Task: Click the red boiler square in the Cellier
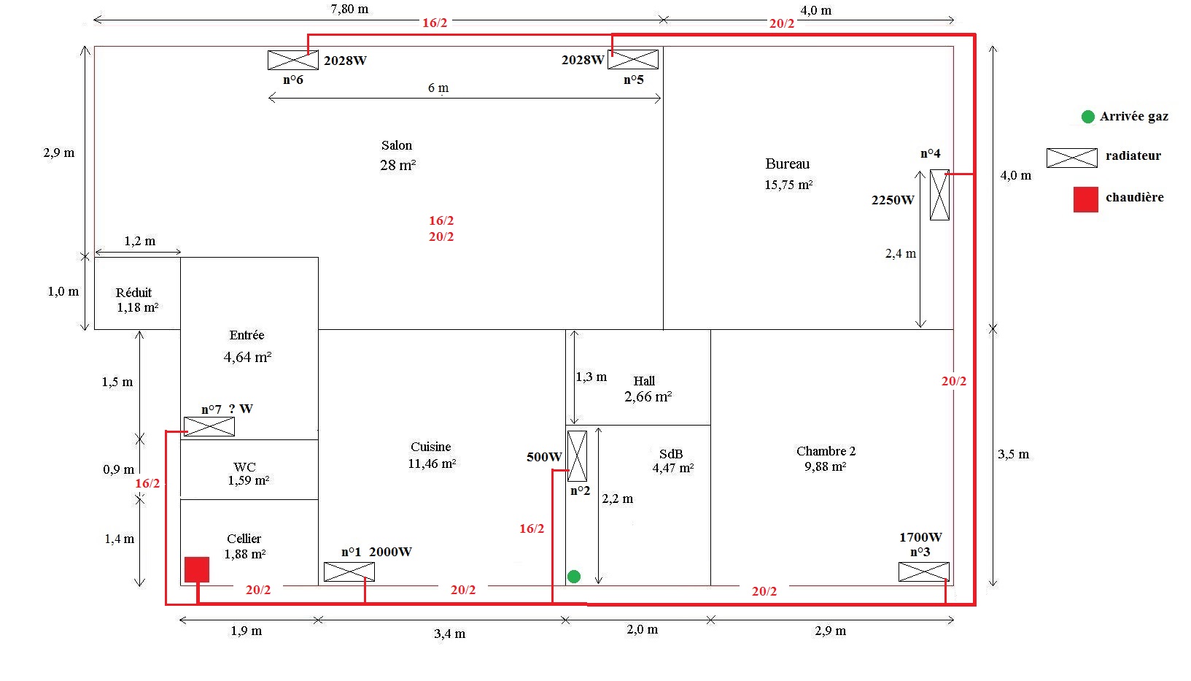tap(197, 569)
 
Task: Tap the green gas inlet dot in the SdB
tap(574, 577)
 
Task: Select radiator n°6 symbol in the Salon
tap(293, 60)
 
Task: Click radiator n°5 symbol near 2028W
tap(633, 59)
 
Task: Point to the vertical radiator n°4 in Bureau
tap(939, 195)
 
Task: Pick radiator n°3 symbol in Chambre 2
tap(924, 572)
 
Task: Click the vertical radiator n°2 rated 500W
tap(577, 456)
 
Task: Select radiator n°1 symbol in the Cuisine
tap(349, 572)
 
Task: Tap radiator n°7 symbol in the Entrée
tap(209, 426)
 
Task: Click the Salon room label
tap(397, 146)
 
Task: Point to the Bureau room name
tap(788, 164)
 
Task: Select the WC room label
tap(245, 467)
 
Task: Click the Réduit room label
tap(134, 293)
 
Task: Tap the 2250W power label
tap(893, 200)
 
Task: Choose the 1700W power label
tap(920, 537)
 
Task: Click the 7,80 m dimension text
tap(349, 9)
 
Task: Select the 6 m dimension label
tap(438, 88)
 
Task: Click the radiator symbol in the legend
tap(1071, 157)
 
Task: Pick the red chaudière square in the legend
tap(1085, 199)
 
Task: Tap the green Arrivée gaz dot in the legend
tap(1088, 117)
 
